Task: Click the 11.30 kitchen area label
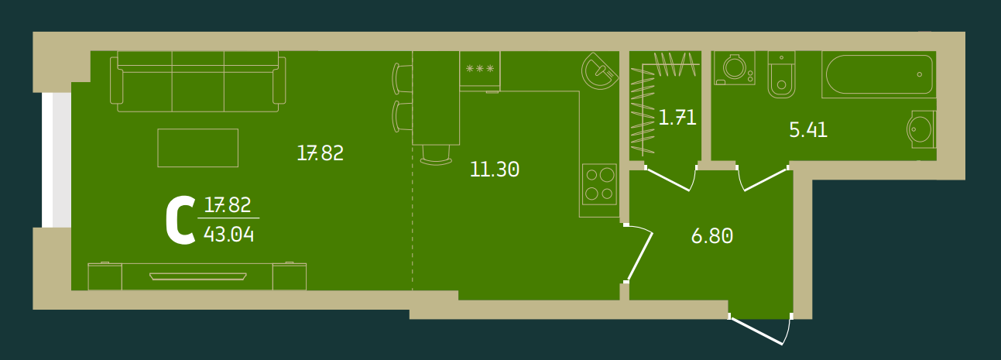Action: pyautogui.click(x=494, y=170)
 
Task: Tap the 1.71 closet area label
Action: pyautogui.click(x=677, y=118)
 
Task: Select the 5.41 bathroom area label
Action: pyautogui.click(x=807, y=130)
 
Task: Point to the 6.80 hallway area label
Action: pyautogui.click(x=711, y=236)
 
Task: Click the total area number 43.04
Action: pyautogui.click(x=228, y=233)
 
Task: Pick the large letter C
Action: pyautogui.click(x=180, y=221)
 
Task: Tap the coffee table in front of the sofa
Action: pyautogui.click(x=197, y=147)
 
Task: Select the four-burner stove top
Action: pyautogui.click(x=598, y=184)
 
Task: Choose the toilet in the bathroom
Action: pyautogui.click(x=781, y=75)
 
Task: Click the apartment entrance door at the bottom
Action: pyautogui.click(x=760, y=329)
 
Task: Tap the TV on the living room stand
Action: pyautogui.click(x=198, y=275)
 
